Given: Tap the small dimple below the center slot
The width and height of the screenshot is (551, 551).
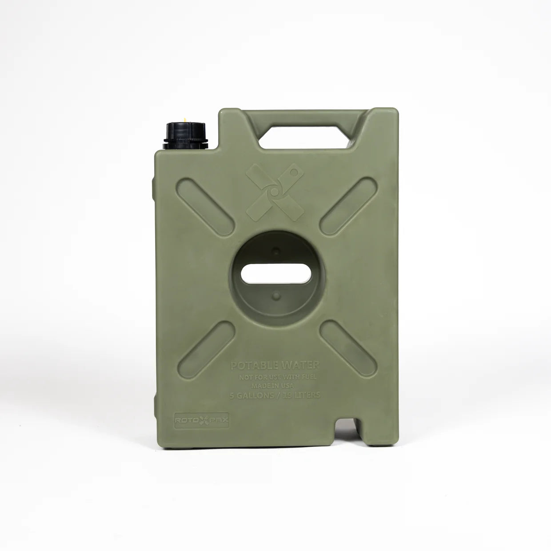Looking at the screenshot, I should (x=275, y=295).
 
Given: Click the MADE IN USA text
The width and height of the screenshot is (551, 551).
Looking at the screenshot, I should (x=274, y=386).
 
